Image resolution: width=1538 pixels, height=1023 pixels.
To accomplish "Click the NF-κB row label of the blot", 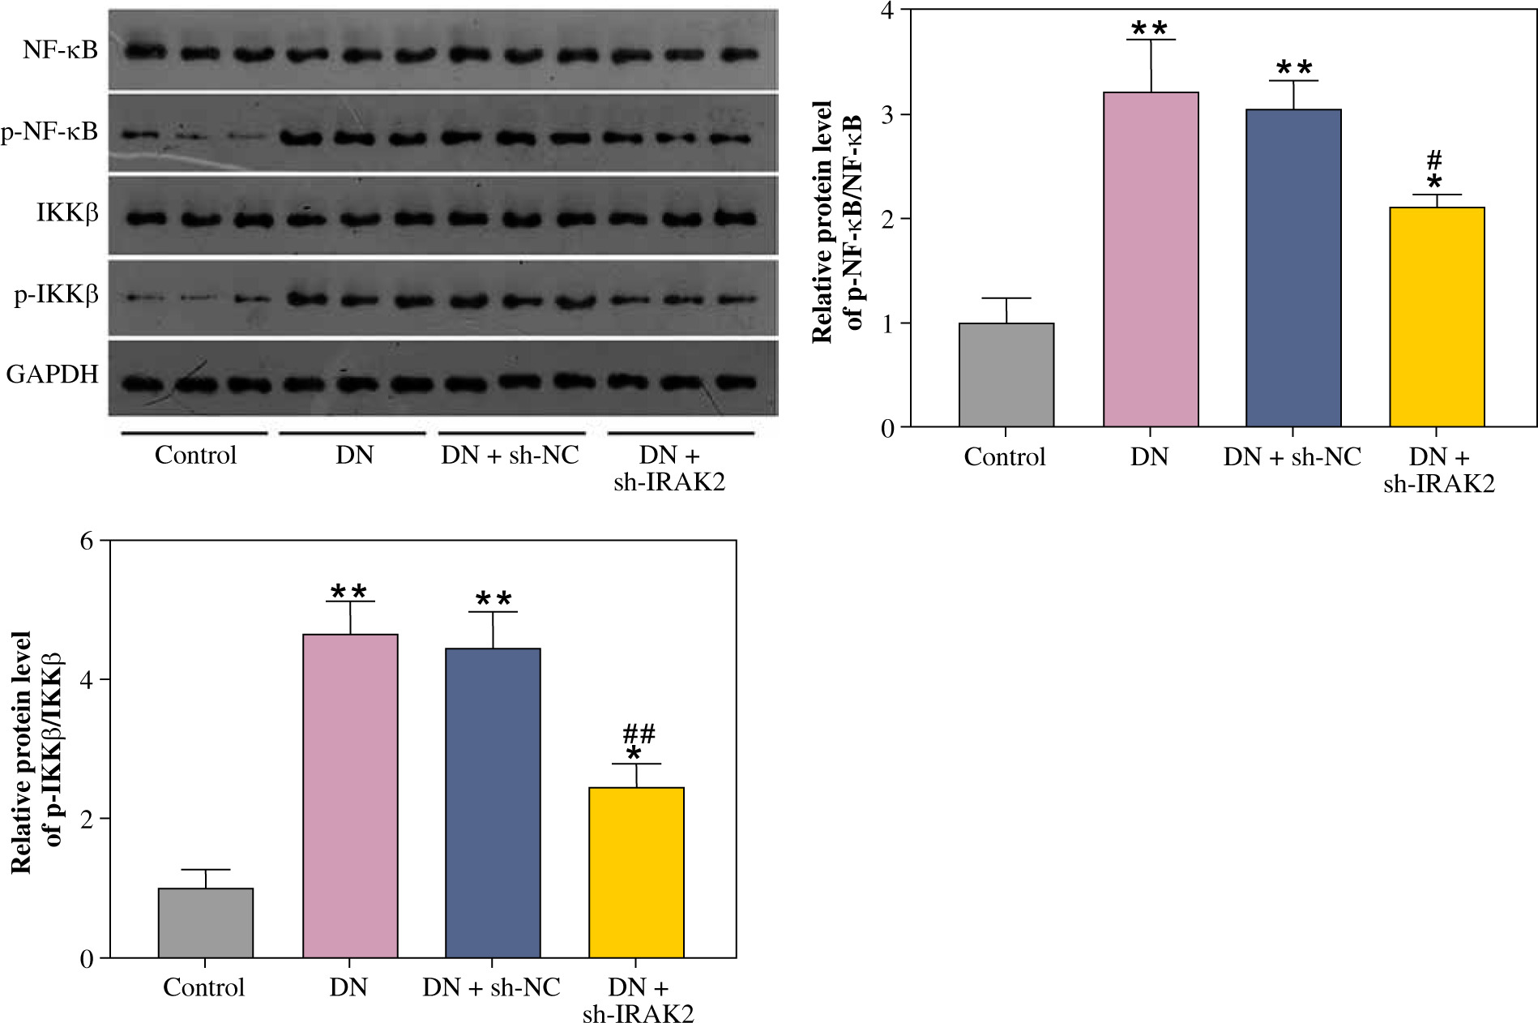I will pos(60,50).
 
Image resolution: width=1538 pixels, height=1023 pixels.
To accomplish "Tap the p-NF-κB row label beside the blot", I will pos(49,131).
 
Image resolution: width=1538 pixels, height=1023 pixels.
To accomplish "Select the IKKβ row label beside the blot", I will pos(67,213).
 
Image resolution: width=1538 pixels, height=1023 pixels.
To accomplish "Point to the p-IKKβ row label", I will pos(57,294).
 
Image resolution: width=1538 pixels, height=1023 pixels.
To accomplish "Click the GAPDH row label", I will pos(52,375).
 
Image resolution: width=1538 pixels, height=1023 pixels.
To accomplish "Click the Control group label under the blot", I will pos(195,455).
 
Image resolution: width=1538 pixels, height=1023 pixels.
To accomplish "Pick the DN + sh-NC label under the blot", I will pos(510,455).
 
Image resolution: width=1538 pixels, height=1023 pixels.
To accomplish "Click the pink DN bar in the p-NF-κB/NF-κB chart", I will pos(1151,259).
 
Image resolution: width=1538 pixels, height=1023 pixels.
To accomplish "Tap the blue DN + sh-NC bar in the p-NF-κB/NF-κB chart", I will pos(1293,268).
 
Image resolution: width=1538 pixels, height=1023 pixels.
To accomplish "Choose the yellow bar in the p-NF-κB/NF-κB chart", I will pos(1437,317).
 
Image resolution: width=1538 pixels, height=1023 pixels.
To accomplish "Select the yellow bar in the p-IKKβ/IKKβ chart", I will pos(636,872).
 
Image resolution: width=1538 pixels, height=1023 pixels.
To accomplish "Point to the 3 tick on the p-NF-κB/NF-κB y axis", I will pos(888,114).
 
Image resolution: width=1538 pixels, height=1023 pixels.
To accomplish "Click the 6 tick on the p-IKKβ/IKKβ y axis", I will pos(88,541).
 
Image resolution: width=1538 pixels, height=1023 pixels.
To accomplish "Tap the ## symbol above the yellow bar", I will pos(639,734).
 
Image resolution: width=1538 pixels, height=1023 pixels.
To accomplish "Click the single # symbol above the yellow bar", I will pos(1434,160).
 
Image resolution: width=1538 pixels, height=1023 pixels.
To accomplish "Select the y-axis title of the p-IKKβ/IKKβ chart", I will pos(36,750).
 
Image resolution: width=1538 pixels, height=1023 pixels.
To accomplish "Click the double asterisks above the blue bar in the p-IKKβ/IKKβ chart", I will pos(493,601).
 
